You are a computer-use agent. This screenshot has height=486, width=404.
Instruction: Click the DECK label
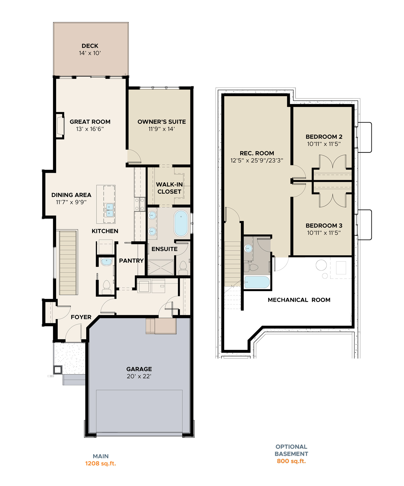pos(90,46)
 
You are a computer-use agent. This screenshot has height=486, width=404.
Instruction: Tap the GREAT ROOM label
pos(90,122)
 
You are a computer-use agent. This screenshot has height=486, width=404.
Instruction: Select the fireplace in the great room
pos(60,125)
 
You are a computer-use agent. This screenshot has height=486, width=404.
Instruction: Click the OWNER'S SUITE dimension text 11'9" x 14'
pos(162,129)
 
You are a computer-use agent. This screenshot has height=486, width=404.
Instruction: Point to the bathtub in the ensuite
pos(181,223)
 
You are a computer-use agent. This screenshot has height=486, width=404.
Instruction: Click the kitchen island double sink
pos(110,210)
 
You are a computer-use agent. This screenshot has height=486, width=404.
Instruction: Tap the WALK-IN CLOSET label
pos(169,188)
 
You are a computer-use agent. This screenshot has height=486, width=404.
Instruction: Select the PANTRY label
pos(131,261)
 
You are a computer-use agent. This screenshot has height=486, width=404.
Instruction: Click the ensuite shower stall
pos(161,267)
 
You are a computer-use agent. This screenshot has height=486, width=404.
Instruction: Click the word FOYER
pos(81,317)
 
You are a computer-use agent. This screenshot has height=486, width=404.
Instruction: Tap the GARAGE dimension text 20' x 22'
pos(139,376)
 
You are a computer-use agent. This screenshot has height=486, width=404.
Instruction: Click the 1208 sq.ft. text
pos(100,463)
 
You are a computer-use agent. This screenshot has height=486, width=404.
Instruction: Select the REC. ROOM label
pos(257,153)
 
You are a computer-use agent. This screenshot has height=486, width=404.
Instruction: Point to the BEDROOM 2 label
pos(324,137)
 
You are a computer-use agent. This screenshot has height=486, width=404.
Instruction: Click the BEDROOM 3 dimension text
pos(324,233)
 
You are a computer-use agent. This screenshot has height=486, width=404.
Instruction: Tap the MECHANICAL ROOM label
pos(299,300)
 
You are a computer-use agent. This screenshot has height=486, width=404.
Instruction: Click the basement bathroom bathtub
pos(257,282)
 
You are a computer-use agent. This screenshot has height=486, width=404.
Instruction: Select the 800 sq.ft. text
pos(291,461)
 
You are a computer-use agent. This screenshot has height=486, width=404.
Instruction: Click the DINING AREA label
pos(71,195)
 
